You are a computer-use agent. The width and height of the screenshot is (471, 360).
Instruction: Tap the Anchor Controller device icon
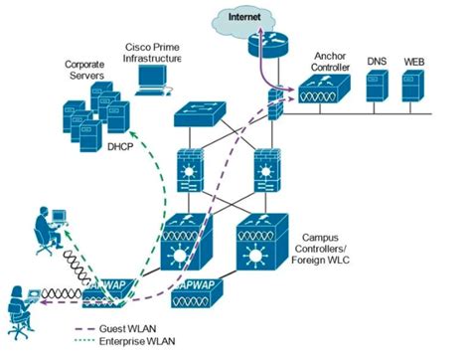coord(323,94)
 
